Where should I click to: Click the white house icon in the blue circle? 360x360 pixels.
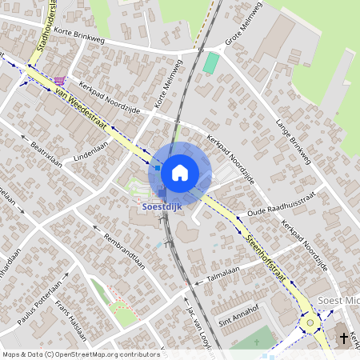[180, 172]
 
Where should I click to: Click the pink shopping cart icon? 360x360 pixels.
[62, 82]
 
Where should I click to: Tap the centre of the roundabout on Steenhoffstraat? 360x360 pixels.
[310, 323]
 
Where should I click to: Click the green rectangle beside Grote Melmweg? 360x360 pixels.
[210, 62]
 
